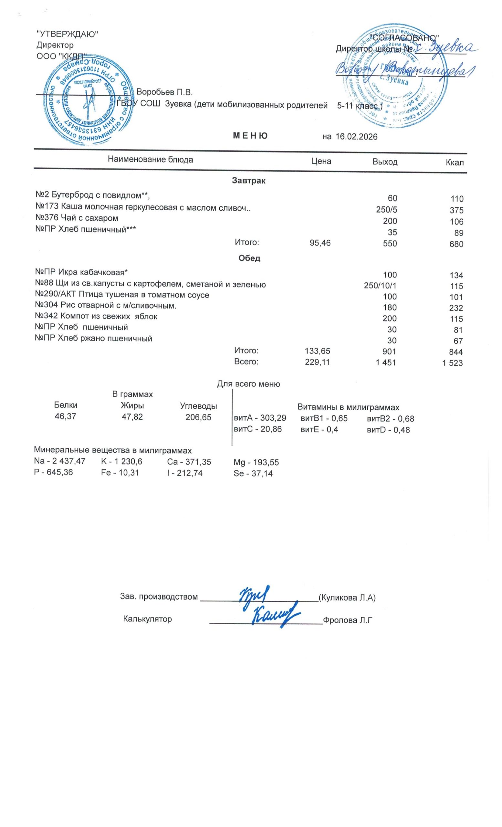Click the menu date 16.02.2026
(356, 137)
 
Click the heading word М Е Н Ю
(250, 136)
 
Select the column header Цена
(321, 162)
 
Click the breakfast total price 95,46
(320, 243)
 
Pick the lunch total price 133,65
(318, 351)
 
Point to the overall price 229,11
(318, 362)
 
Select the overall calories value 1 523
(453, 363)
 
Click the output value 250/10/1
(380, 286)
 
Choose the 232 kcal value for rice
(456, 308)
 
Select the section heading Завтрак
(249, 181)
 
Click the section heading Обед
(249, 258)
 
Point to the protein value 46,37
(66, 416)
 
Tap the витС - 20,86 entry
(257, 429)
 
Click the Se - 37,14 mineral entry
(253, 474)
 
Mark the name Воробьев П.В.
(165, 92)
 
